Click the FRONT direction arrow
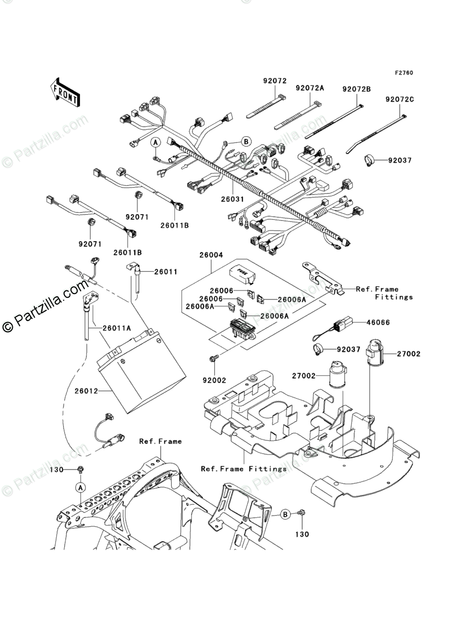(65, 92)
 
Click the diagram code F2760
(403, 73)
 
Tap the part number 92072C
(400, 99)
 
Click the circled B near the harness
(245, 141)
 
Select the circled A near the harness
(155, 143)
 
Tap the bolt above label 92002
(214, 358)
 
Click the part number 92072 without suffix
(275, 81)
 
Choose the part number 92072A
(310, 88)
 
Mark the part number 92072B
(356, 89)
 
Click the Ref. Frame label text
(160, 441)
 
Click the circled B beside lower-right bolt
(285, 513)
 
